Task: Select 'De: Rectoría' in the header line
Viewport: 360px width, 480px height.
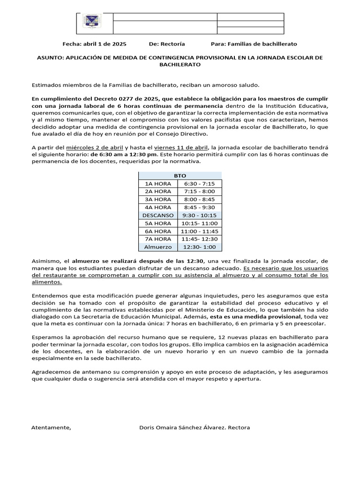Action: pyautogui.click(x=167, y=44)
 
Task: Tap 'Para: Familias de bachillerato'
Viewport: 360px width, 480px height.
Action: pyautogui.click(x=254, y=44)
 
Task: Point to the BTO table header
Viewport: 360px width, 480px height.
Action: pyautogui.click(x=180, y=175)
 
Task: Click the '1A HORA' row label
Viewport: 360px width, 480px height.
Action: pyautogui.click(x=158, y=183)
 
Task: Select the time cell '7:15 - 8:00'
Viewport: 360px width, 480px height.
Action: pyautogui.click(x=200, y=191)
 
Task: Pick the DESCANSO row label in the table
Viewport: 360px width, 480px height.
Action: pyautogui.click(x=158, y=215)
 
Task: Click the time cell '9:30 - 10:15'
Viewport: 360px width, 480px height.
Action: pyautogui.click(x=200, y=215)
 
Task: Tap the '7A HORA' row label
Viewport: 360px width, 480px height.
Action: pyautogui.click(x=158, y=239)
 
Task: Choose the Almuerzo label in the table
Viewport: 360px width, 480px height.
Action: pyautogui.click(x=158, y=247)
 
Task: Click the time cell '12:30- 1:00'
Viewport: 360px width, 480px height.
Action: pyautogui.click(x=200, y=247)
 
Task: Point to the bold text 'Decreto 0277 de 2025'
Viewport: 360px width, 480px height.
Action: pyautogui.click(x=127, y=99)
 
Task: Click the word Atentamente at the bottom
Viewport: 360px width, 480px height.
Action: pyautogui.click(x=51, y=427)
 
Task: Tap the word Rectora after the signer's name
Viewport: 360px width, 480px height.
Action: pyautogui.click(x=239, y=427)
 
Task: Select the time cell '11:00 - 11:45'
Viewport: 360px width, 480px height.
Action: pyautogui.click(x=200, y=231)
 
